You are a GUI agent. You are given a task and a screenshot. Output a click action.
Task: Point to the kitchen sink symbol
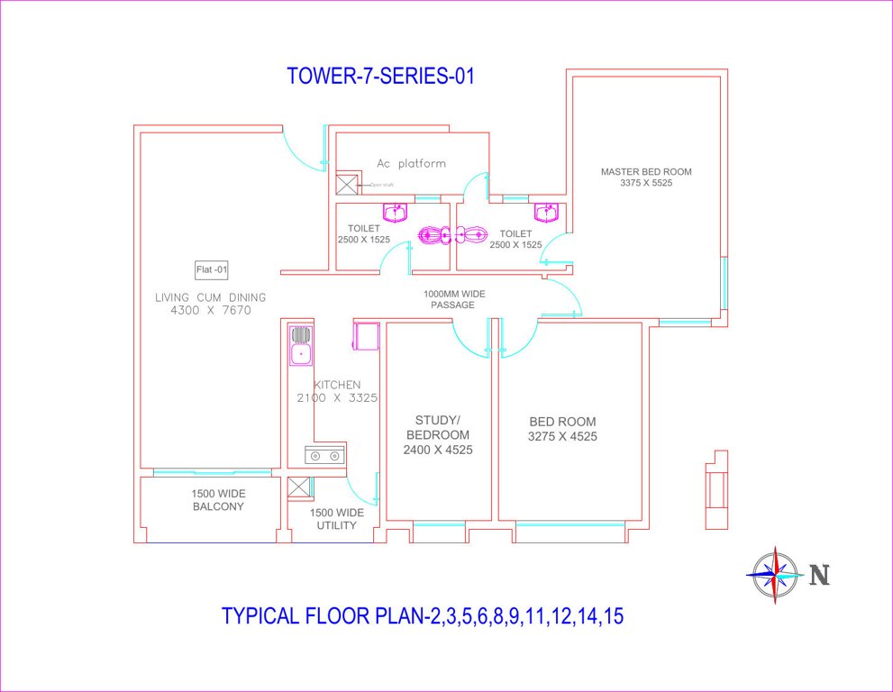pyautogui.click(x=300, y=344)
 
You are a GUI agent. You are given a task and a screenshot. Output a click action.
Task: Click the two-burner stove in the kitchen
pyautogui.click(x=324, y=455)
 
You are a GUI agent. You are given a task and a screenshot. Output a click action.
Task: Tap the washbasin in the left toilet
pyautogui.click(x=395, y=212)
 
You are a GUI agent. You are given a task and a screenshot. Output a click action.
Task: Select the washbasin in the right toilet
pyautogui.click(x=546, y=212)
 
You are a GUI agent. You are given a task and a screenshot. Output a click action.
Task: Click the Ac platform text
pyautogui.click(x=411, y=164)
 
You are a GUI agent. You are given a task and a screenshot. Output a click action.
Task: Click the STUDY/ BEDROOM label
pyautogui.click(x=438, y=434)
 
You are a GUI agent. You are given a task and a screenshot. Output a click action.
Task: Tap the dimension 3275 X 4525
pyautogui.click(x=562, y=437)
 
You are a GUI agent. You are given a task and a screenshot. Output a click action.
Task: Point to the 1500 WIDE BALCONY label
pyautogui.click(x=218, y=500)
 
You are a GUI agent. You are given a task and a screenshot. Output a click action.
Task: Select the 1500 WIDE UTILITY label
pyautogui.click(x=337, y=519)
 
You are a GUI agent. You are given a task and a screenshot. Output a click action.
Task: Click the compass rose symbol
pyautogui.click(x=775, y=575)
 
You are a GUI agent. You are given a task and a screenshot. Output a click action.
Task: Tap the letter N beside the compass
pyautogui.click(x=818, y=575)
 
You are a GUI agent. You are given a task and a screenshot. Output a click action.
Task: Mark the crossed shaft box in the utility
pyautogui.click(x=299, y=487)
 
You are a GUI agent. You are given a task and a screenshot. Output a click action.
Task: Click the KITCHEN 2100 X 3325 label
pyautogui.click(x=337, y=391)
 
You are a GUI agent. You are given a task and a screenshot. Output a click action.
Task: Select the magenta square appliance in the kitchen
pyautogui.click(x=365, y=335)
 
